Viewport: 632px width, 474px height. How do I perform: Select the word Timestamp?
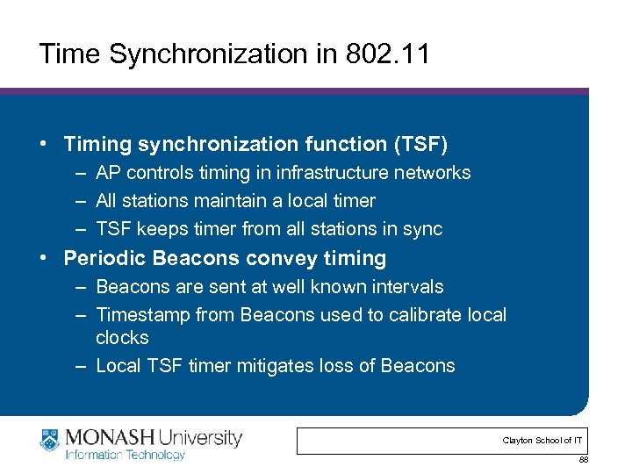(142, 315)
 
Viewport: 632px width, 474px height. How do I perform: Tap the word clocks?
(122, 338)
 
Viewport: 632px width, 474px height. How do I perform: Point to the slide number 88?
(583, 460)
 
